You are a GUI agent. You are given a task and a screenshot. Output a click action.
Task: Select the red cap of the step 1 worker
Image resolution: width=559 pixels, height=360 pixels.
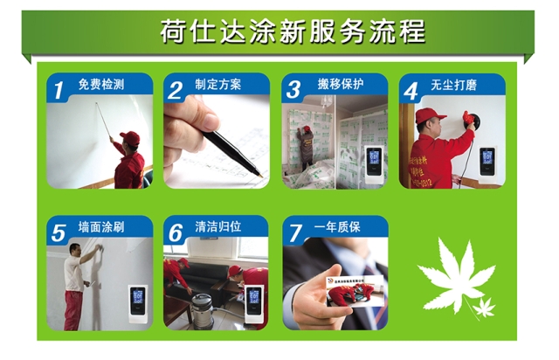(x=130, y=137)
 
